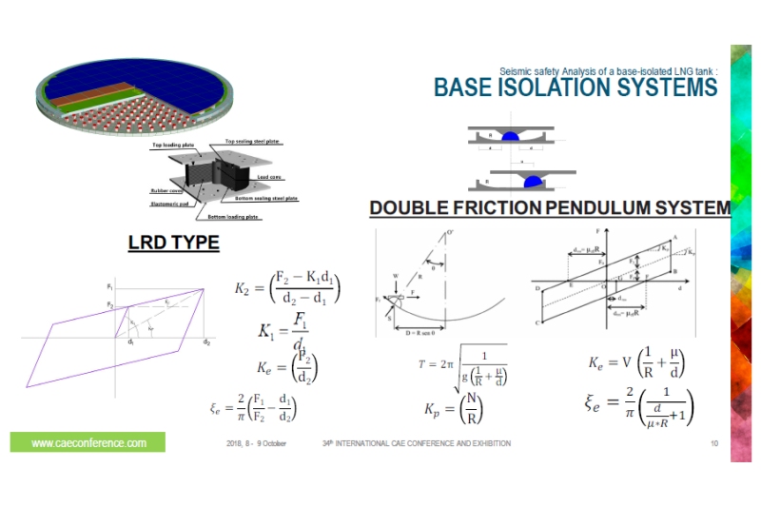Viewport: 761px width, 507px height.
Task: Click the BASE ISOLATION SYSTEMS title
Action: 575,88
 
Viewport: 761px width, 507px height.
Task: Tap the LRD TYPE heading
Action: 173,244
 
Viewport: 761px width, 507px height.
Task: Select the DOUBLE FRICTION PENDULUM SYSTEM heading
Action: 549,207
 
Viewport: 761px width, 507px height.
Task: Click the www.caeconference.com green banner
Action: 88,442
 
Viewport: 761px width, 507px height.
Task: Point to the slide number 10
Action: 714,444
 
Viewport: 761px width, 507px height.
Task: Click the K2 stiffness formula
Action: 287,288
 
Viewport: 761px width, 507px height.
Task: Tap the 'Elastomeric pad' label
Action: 171,201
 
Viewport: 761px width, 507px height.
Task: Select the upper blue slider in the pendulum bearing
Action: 511,136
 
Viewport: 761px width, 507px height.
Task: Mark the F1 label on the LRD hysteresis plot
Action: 110,285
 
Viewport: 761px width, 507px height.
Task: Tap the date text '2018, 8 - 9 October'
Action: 257,444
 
